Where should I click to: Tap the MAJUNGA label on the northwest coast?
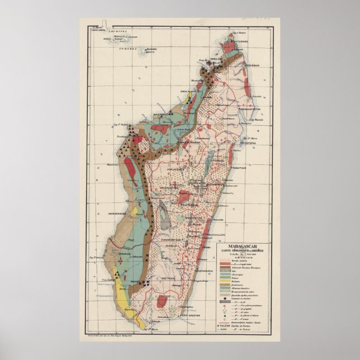click(x=162, y=115)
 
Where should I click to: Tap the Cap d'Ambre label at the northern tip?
click(x=237, y=34)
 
